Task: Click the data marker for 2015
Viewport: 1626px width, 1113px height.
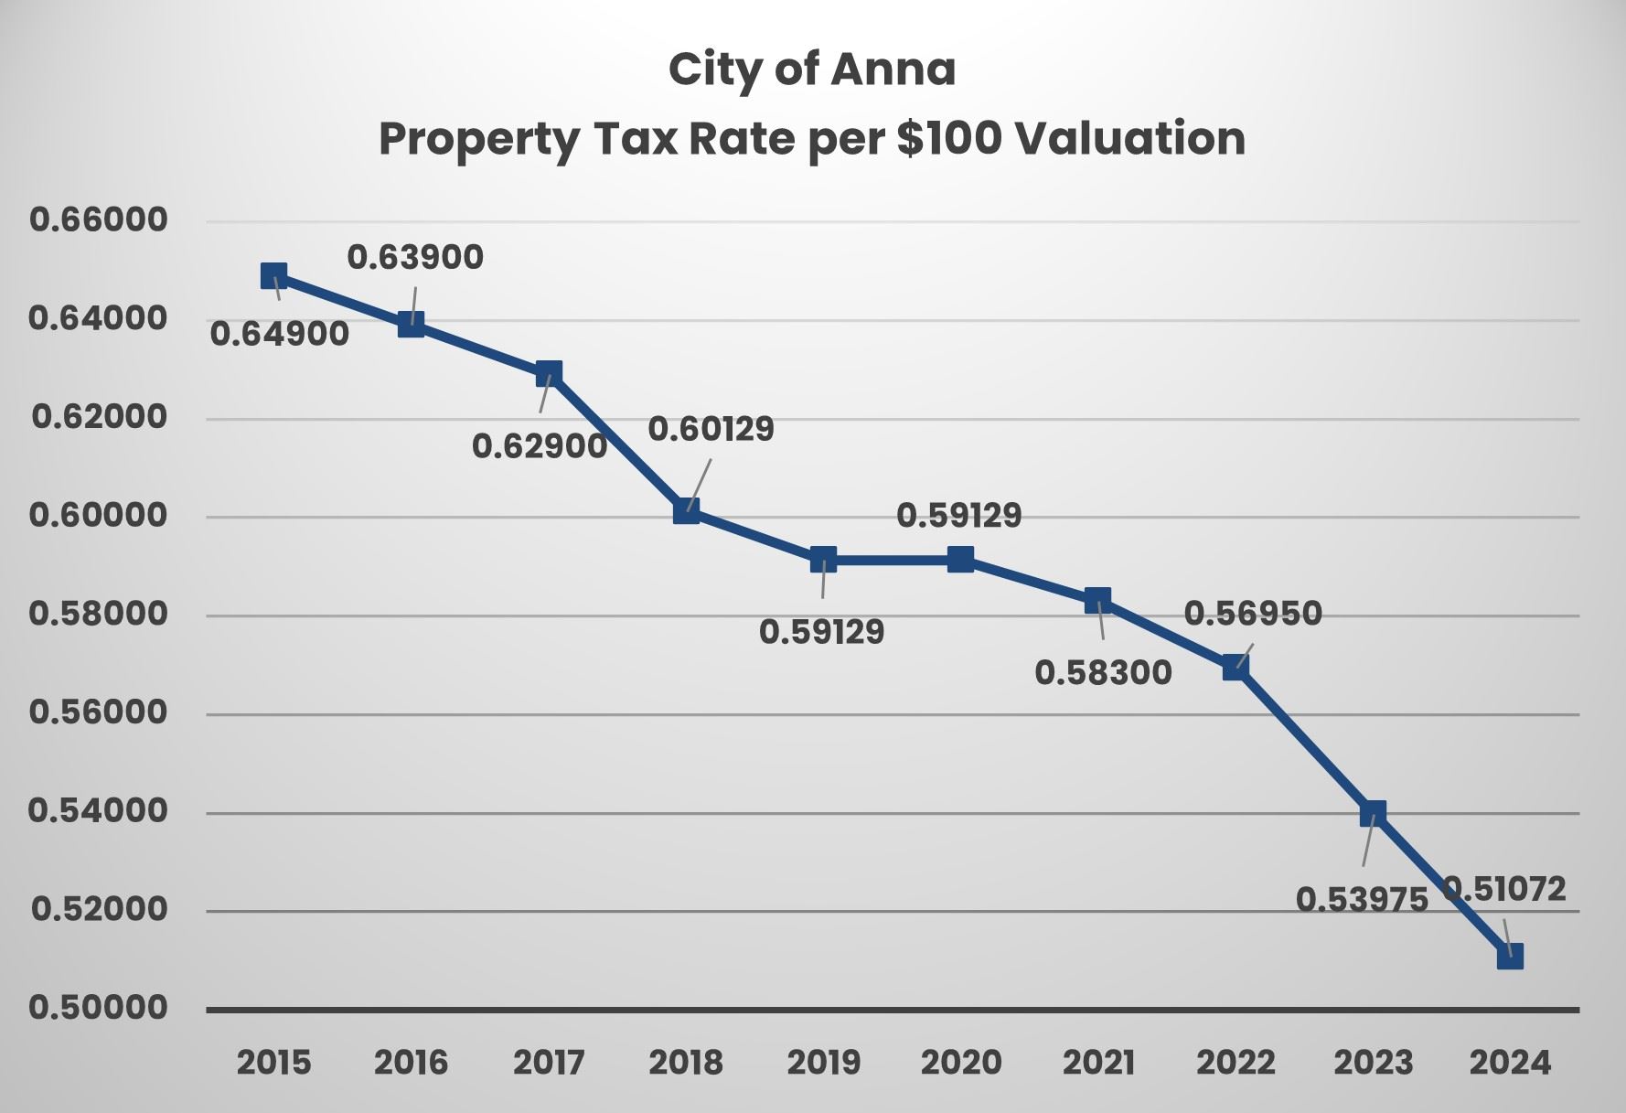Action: tap(273, 275)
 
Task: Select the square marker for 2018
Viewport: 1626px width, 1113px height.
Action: tap(686, 511)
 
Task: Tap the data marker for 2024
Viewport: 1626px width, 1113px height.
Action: tap(1510, 957)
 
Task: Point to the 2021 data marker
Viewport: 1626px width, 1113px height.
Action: tap(1097, 601)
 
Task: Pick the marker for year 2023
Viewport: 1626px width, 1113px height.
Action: tap(1373, 813)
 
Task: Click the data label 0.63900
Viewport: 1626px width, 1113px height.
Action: tap(415, 258)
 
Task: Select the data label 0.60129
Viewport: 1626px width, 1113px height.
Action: tap(711, 429)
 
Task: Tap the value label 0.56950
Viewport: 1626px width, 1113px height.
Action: tap(1253, 614)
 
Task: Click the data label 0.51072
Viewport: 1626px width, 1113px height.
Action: tap(1504, 889)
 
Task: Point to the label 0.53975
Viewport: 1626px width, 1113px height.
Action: tap(1362, 900)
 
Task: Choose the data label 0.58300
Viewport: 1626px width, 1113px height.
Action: tap(1103, 673)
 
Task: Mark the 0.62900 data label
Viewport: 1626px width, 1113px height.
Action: tap(540, 446)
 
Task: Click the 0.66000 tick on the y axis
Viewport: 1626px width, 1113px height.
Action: tap(99, 219)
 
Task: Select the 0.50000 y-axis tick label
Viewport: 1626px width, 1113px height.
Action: tap(99, 1008)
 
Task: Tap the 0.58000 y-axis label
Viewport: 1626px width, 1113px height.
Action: tap(99, 614)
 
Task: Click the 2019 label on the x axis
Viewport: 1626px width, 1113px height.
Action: tap(823, 1063)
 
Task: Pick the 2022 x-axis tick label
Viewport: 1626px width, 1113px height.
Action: tap(1236, 1063)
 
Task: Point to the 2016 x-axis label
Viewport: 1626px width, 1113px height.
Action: tap(412, 1063)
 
